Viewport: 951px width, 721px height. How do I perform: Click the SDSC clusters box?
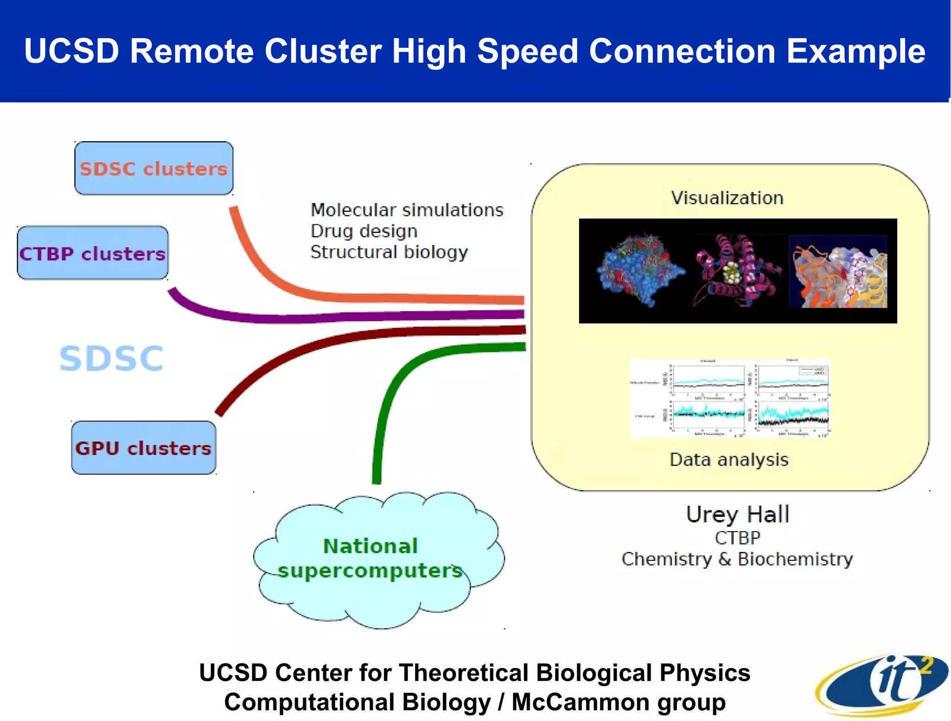(154, 168)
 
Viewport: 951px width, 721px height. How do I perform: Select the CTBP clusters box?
(92, 253)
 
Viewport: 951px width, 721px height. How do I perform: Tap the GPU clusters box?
(143, 448)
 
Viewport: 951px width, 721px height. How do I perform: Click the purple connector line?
(325, 318)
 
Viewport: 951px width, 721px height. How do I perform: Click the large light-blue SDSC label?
(111, 358)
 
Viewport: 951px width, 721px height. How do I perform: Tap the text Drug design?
(364, 231)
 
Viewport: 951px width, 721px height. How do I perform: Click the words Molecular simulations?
(407, 210)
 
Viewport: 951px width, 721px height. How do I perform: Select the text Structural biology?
(389, 252)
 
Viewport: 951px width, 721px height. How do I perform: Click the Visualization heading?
(727, 198)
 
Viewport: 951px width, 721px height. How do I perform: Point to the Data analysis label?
(729, 460)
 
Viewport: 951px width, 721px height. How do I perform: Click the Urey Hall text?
(737, 514)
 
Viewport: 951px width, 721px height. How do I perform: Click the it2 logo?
(882, 685)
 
